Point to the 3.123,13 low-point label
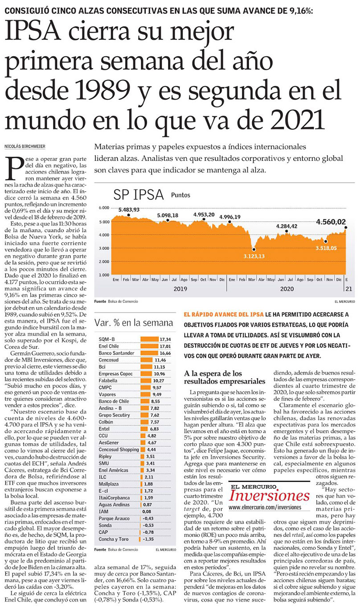(254, 256)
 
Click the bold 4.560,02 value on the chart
(331, 222)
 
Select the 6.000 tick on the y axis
(103, 208)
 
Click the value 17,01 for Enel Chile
(164, 346)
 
